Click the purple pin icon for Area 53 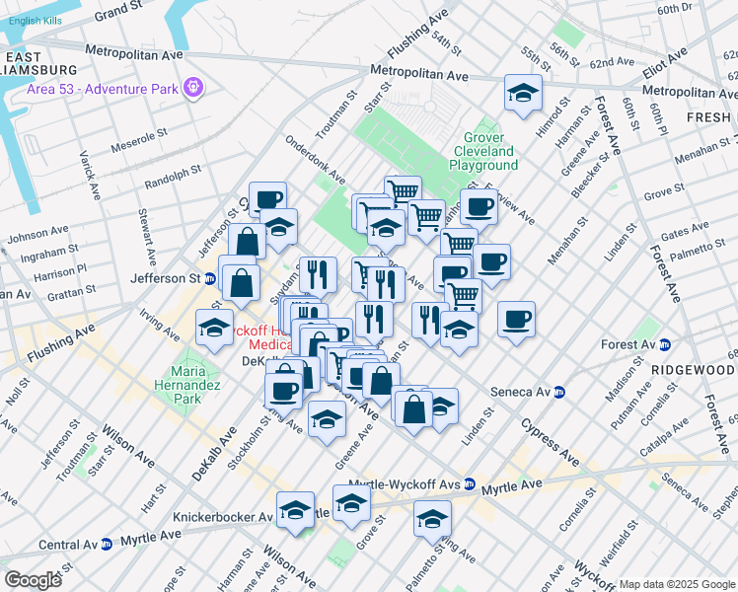coord(192,87)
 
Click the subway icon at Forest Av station coord(665,345)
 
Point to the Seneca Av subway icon coord(558,392)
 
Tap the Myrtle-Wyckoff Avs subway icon coord(470,485)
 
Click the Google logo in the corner coord(33,580)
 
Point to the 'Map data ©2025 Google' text coord(676,584)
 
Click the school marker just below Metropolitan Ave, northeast coord(523,94)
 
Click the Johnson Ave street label coord(38,236)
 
